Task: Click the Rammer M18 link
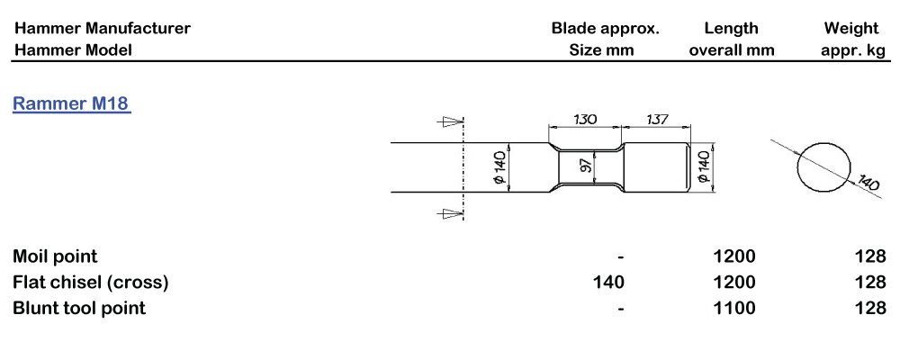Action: coord(72,104)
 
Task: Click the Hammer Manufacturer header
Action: coord(103,28)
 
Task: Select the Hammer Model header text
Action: coord(73,50)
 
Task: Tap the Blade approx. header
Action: coord(605,28)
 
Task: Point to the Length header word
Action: coord(731,28)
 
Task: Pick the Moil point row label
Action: coord(56,256)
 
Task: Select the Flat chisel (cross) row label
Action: coord(91,283)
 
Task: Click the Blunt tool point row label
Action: coord(79,309)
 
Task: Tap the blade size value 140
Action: coord(608,283)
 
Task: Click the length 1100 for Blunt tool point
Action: coord(734,309)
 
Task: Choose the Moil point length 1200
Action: coord(734,256)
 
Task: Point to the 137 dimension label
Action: coord(659,119)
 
